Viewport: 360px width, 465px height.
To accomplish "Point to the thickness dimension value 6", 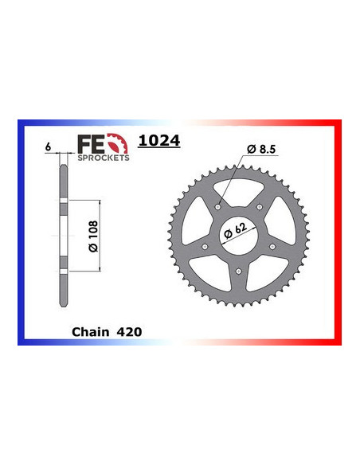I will pyautogui.click(x=49, y=147).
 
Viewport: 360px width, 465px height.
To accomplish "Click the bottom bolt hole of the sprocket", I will pyautogui.click(x=240, y=275).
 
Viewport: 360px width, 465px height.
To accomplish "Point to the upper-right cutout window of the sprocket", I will pyautogui.click(x=284, y=221).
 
